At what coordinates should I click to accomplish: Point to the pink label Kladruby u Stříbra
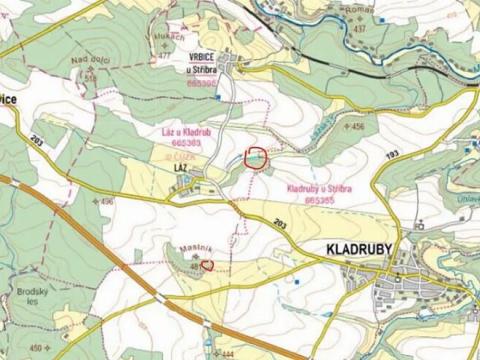coord(317,189)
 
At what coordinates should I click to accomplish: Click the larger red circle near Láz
coord(257,157)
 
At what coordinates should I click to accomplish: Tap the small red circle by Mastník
coord(207,265)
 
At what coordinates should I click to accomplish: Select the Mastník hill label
coord(193,248)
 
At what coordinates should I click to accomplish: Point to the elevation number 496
coord(107,202)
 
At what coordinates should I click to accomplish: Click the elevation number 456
coord(357,127)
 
